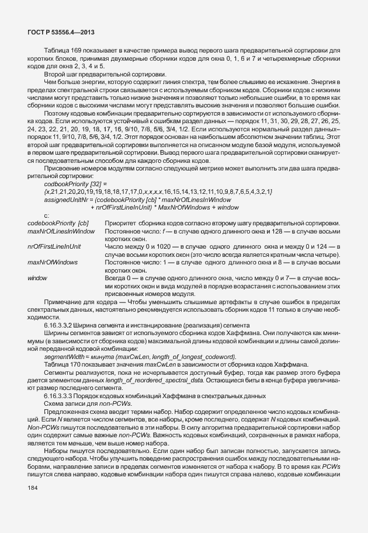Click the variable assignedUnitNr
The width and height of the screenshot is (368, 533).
(64, 199)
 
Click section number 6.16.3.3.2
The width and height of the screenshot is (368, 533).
(58, 324)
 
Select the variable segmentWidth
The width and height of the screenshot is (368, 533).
(62, 356)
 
